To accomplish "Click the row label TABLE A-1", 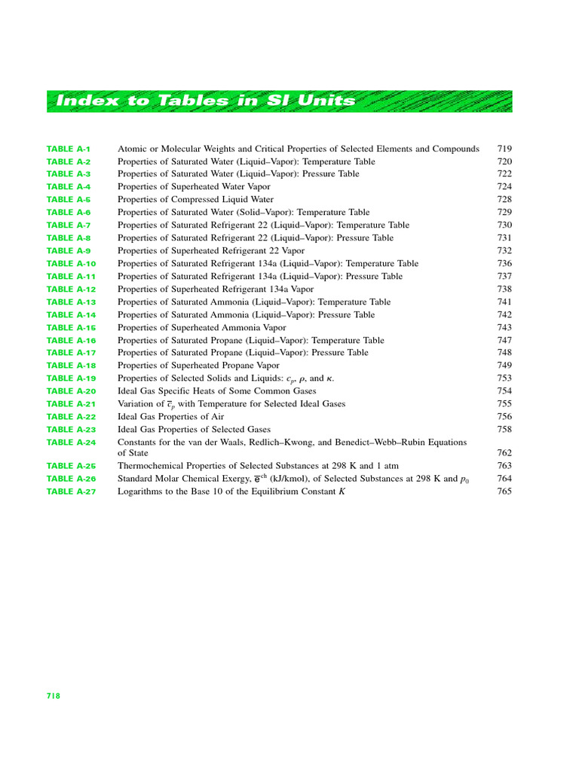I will point(69,149).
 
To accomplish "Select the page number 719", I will point(504,149).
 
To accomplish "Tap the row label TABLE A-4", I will point(69,187).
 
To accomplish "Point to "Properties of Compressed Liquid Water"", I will point(195,200).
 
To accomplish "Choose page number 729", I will point(504,213).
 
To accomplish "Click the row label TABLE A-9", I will point(69,251).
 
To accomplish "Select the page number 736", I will point(504,264).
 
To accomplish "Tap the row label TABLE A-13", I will point(71,302).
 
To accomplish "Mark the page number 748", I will point(504,353).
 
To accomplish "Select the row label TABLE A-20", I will point(71,391).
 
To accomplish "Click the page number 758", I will point(504,430).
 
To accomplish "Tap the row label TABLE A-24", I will point(71,443).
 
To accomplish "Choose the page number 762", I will point(504,453).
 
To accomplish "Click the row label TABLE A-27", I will point(71,492).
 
